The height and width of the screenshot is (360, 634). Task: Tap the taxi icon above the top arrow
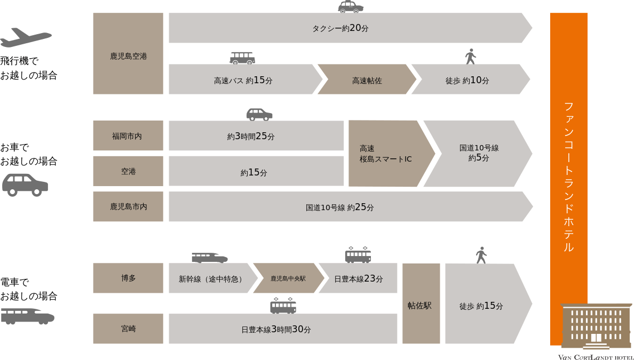351,7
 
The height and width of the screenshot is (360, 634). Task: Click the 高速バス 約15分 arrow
243,80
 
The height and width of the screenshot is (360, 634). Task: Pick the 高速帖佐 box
367,80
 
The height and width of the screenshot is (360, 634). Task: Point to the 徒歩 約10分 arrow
468,80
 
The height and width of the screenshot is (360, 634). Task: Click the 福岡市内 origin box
128,136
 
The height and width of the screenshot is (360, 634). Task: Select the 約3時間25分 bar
256,136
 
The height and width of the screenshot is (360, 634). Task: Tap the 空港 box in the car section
128,171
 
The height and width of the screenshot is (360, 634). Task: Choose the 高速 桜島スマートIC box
387,154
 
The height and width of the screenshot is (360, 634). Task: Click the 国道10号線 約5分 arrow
478,154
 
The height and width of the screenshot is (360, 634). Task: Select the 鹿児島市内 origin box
128,206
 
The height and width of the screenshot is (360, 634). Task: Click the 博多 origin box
128,278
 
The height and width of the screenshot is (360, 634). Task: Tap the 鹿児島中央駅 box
288,278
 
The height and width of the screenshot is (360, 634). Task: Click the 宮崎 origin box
128,329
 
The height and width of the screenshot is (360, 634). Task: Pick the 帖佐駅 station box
421,304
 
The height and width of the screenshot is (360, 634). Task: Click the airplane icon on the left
26,38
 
